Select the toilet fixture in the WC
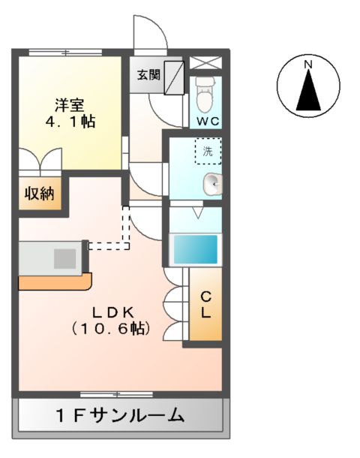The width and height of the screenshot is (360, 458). [x=205, y=92]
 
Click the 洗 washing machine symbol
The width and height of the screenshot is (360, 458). [x=208, y=152]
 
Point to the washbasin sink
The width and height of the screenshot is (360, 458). [x=213, y=182]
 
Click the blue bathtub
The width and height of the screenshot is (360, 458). [x=195, y=249]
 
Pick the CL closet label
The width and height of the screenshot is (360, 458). [x=205, y=305]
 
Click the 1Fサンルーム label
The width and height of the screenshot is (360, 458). [x=120, y=414]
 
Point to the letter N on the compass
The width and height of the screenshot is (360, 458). [x=307, y=65]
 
